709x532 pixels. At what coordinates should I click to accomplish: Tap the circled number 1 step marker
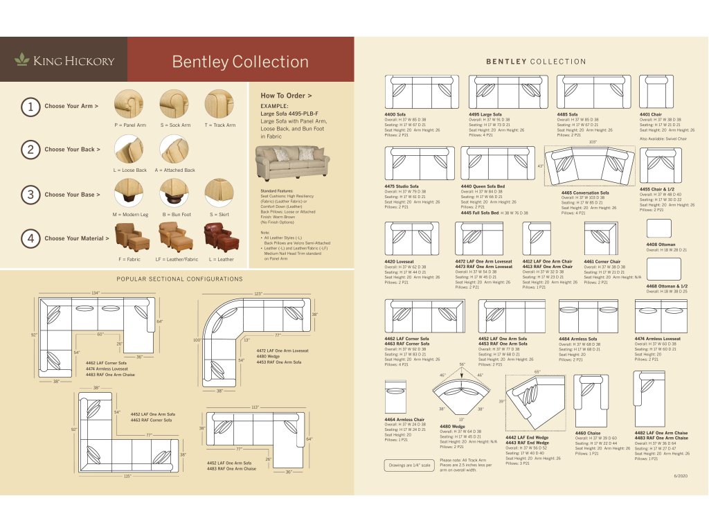coord(30,107)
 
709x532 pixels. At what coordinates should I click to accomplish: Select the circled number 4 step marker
coord(30,238)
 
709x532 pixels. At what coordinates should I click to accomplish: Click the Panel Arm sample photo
coord(129,104)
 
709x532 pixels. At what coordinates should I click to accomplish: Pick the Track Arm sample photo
coord(220,104)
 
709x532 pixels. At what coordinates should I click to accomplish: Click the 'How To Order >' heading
coord(286,95)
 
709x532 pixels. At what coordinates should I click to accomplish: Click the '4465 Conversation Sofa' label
coord(585,193)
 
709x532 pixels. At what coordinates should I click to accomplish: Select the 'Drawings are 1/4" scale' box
coord(409,465)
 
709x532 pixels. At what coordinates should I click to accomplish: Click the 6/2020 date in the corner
coord(681,477)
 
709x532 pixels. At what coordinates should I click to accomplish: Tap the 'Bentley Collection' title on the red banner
coord(240,62)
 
